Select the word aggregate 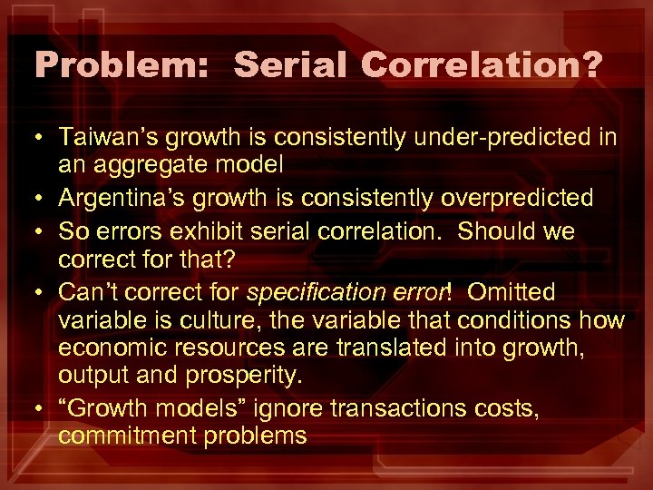(x=151, y=165)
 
